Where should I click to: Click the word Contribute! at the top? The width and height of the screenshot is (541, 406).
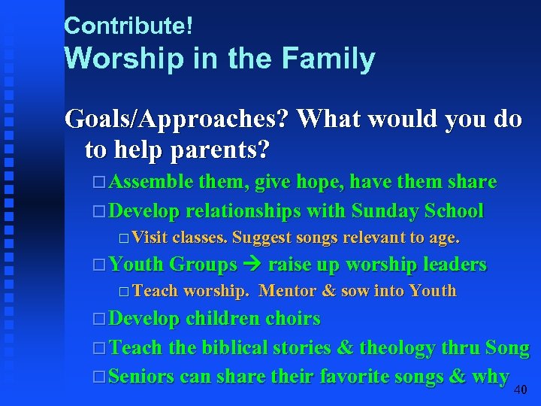tap(128, 26)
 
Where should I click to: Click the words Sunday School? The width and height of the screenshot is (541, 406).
tap(417, 211)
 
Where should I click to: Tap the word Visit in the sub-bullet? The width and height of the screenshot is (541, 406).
tap(150, 238)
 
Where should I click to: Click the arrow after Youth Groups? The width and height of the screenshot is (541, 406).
tap(252, 265)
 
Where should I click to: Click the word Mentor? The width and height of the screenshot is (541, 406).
tap(288, 291)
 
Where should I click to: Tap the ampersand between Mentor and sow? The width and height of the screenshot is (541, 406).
tap(328, 291)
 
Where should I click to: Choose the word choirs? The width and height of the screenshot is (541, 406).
tap(292, 319)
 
